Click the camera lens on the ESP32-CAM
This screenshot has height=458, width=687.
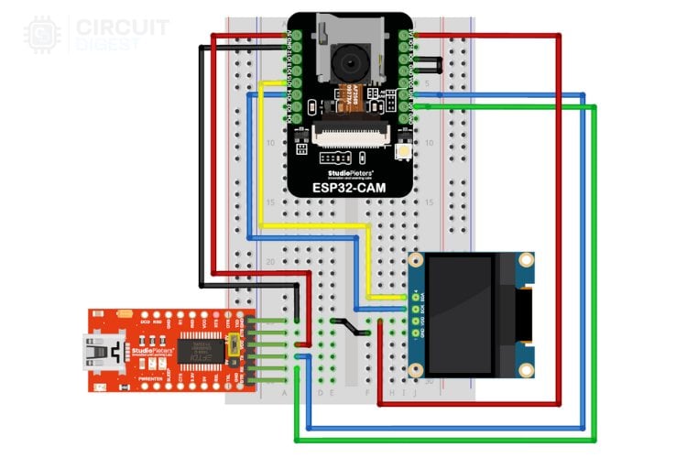pyautogui.click(x=350, y=62)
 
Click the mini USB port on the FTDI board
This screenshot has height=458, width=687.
pyautogui.click(x=96, y=350)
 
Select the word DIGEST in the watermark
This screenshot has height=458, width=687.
pyautogui.click(x=109, y=43)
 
